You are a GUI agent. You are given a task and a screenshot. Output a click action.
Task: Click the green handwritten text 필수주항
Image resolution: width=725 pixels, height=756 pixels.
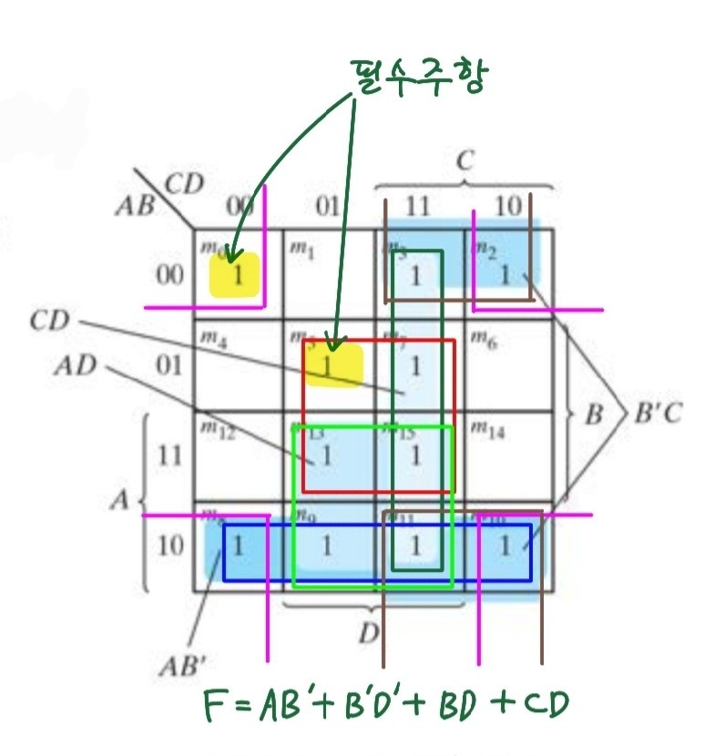415,77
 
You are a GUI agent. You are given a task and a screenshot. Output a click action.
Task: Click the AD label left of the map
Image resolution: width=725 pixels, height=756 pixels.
77,367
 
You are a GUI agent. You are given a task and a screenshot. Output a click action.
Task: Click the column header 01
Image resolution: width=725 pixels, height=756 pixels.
327,208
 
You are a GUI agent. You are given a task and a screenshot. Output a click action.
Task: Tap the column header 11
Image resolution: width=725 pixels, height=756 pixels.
416,208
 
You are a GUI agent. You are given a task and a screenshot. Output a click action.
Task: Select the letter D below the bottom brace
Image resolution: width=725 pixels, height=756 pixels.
369,632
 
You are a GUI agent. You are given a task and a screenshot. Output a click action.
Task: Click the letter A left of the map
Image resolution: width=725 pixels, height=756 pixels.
119,500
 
